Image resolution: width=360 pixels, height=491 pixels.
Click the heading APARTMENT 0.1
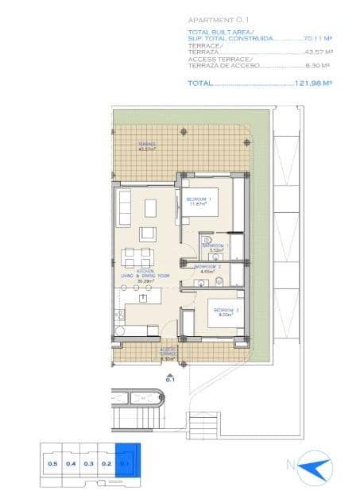(x=211, y=20)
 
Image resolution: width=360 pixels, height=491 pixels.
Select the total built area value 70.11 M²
(x=316, y=37)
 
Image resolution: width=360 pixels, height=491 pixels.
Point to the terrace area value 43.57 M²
(x=317, y=52)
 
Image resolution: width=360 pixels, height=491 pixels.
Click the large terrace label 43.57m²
(x=147, y=147)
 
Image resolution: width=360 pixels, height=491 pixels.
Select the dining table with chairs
(x=137, y=257)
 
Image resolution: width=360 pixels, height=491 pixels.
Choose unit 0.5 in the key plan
(x=52, y=462)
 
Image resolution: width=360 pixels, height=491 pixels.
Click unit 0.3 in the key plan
(x=89, y=462)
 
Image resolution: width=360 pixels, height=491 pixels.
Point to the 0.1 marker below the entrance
(x=169, y=379)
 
